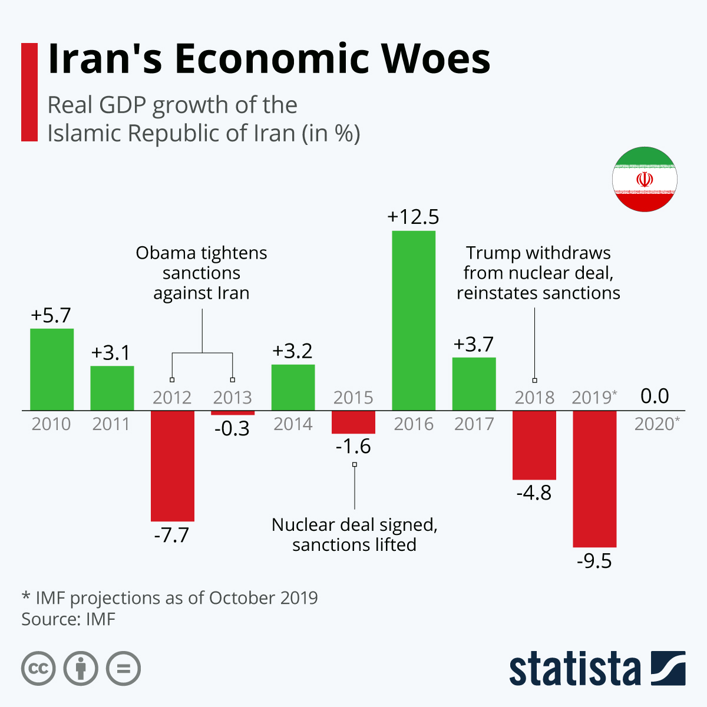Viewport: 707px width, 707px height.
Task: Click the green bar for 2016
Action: click(414, 321)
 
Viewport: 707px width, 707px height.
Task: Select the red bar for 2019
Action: click(594, 478)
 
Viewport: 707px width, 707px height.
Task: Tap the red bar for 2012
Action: click(172, 465)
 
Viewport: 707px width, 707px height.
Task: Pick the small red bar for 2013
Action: click(233, 413)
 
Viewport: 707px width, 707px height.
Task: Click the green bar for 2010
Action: click(52, 369)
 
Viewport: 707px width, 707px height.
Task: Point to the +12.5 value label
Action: click(413, 217)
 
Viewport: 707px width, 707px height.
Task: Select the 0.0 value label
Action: click(655, 396)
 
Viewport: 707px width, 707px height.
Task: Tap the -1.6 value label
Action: click(353, 447)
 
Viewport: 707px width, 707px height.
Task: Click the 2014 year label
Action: click(293, 424)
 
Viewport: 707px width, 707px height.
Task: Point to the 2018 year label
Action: click(534, 398)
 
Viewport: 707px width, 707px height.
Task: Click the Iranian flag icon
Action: click(645, 179)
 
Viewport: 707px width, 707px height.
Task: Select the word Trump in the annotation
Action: click(491, 253)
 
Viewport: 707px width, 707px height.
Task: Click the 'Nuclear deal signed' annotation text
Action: click(354, 525)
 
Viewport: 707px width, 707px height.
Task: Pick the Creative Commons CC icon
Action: click(38, 669)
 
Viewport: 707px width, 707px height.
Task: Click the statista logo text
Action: click(574, 669)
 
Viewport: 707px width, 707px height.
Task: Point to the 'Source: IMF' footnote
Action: click(68, 619)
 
